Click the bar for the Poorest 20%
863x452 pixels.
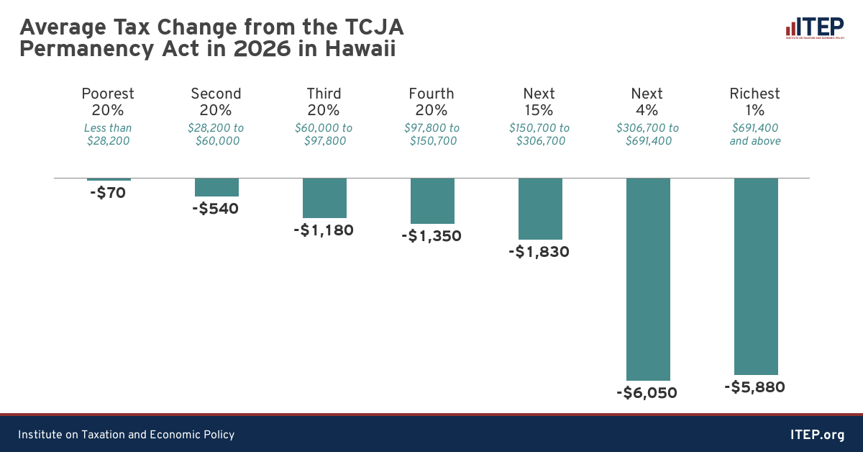(109, 179)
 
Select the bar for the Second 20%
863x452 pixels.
(216, 187)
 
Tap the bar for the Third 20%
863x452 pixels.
(324, 198)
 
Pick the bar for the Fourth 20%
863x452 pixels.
(432, 201)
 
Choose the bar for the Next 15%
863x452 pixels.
(540, 209)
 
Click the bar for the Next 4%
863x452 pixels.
(648, 279)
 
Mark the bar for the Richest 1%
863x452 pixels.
(756, 276)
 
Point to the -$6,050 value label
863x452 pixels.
(647, 393)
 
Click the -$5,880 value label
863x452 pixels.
(754, 387)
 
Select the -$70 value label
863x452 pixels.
(109, 193)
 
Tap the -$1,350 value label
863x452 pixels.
(431, 236)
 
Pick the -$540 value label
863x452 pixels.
(215, 209)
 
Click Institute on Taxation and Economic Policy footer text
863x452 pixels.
(127, 435)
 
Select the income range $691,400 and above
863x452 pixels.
(755, 135)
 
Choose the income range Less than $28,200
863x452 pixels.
(108, 135)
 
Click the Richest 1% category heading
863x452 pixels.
(755, 101)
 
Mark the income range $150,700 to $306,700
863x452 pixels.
(539, 135)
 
